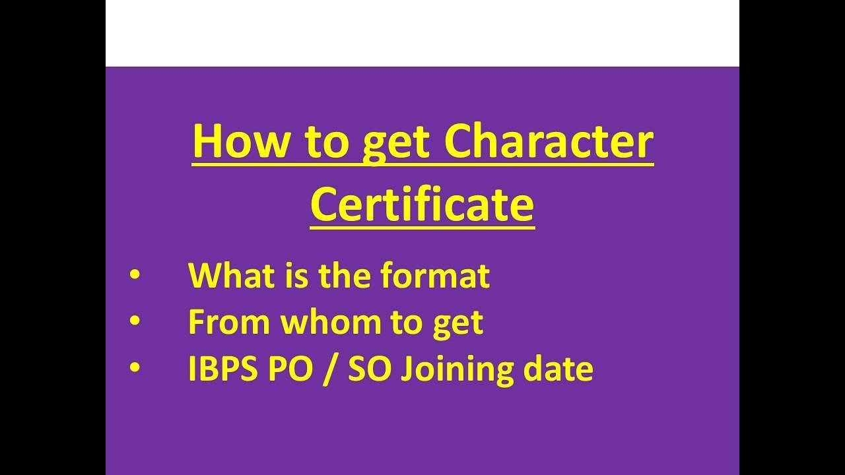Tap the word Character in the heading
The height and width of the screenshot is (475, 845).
(549, 142)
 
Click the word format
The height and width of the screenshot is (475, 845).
(435, 276)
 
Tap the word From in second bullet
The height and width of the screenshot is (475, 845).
(229, 323)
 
